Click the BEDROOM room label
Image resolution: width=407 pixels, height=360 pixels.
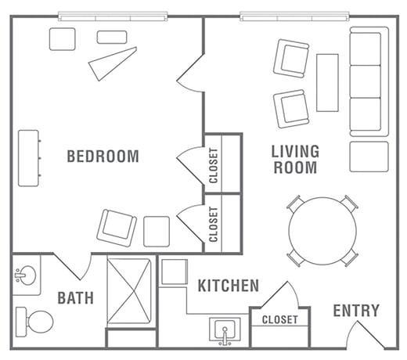click(103, 157)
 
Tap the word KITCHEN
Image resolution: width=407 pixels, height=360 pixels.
click(229, 286)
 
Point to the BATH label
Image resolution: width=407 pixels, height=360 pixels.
click(75, 298)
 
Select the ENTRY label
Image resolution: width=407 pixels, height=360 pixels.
click(356, 311)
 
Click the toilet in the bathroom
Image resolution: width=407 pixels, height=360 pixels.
click(34, 322)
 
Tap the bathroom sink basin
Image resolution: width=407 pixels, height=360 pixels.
click(26, 275)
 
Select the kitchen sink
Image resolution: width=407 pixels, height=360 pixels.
click(225, 329)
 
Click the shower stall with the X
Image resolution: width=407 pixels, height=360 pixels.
click(129, 291)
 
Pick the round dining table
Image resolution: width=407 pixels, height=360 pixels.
click(322, 231)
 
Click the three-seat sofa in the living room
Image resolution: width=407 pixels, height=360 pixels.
click(369, 81)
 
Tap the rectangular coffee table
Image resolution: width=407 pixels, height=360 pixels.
click(327, 83)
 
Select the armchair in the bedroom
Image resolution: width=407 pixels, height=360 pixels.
click(117, 228)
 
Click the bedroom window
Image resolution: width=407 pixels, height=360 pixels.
click(113, 16)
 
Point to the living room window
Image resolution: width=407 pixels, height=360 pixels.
click(294, 16)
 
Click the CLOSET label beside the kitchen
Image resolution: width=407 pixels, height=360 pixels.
click(279, 319)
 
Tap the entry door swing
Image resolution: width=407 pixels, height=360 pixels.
click(366, 335)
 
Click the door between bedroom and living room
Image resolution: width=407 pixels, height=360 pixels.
click(190, 73)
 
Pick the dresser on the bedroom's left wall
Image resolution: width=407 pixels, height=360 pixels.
click(29, 158)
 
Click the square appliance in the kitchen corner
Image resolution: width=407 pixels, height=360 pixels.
click(175, 272)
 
